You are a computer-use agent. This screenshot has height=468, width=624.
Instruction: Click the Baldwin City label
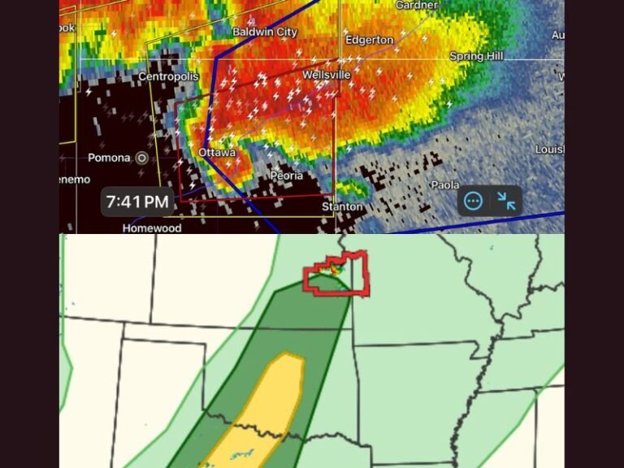click(x=265, y=32)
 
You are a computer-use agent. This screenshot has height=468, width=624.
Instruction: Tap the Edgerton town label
click(x=369, y=40)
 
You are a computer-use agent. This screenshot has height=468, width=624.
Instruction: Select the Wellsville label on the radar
click(x=326, y=75)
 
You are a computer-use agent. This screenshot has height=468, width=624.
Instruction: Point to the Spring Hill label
click(x=477, y=56)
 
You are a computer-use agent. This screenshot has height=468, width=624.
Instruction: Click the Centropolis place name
click(x=168, y=76)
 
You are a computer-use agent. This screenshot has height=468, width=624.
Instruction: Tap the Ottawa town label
click(x=217, y=152)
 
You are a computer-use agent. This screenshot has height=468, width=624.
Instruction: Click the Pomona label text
click(x=109, y=158)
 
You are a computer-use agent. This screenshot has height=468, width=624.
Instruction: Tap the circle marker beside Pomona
click(x=142, y=158)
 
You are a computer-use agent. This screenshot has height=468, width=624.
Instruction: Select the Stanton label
click(x=342, y=206)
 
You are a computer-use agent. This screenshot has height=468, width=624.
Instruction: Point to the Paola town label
click(x=444, y=185)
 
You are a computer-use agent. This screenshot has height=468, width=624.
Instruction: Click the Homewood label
click(x=152, y=228)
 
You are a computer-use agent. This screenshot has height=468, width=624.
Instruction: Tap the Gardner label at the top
click(x=416, y=5)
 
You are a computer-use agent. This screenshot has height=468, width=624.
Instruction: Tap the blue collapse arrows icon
click(x=506, y=201)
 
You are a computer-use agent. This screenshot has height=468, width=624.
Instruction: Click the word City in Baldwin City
click(x=284, y=32)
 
